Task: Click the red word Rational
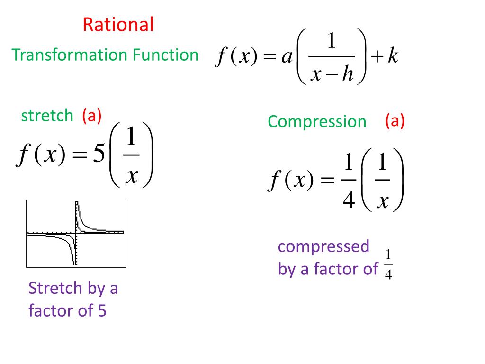[118, 24]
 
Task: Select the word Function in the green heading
[165, 55]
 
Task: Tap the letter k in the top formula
[393, 57]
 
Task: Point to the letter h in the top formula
[348, 74]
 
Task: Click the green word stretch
[47, 115]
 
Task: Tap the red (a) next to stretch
[91, 115]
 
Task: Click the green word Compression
[317, 122]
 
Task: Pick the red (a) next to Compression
[395, 121]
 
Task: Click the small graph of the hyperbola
[76, 233]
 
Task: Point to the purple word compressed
[323, 246]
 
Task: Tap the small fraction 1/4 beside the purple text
[388, 265]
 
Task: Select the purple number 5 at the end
[102, 311]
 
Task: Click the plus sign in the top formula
[377, 57]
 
